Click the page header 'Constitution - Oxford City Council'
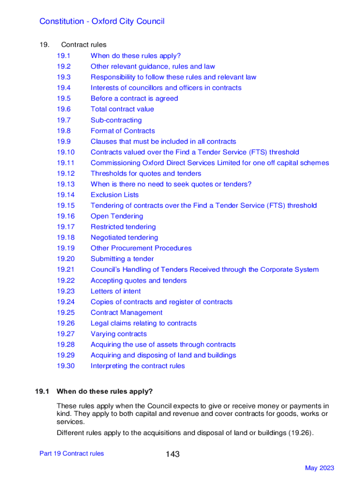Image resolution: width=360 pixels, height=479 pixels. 102,22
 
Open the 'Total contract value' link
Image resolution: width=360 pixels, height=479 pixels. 122,109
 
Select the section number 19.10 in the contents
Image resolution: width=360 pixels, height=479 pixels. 66,152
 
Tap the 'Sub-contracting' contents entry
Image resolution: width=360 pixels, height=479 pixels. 116,120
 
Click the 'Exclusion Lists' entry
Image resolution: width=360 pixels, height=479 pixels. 115,195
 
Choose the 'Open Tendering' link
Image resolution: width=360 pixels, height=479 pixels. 117,217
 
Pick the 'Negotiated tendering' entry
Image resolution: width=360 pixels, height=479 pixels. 124,238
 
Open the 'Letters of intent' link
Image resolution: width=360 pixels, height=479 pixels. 115,291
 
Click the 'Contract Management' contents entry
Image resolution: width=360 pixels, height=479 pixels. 127,313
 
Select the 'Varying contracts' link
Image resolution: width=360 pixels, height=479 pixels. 119,334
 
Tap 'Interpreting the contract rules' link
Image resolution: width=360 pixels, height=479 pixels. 138,366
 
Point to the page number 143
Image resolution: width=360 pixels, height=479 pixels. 172,454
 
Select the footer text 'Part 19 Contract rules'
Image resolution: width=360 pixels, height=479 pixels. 72,453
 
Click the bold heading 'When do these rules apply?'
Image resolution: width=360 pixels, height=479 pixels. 105,391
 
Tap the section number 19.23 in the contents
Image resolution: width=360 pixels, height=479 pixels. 66,291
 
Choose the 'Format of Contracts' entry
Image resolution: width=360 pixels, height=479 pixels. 122,131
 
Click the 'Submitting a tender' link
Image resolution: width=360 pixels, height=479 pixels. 122,259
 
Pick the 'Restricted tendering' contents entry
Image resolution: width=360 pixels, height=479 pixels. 123,227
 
